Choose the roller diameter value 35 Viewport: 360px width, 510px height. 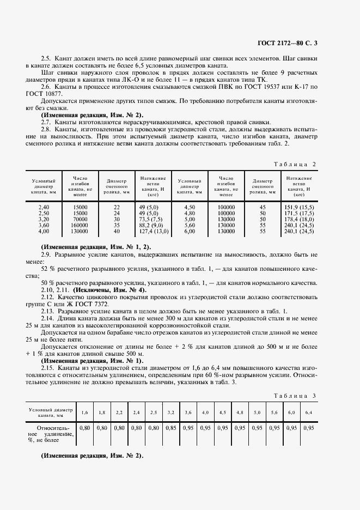(117, 225)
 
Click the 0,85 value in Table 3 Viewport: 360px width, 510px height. (171, 428)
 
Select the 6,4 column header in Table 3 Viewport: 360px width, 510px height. (309, 412)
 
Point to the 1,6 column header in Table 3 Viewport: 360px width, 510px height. (85, 412)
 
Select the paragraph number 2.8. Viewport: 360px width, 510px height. (46, 130)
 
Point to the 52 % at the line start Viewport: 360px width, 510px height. (48, 269)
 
